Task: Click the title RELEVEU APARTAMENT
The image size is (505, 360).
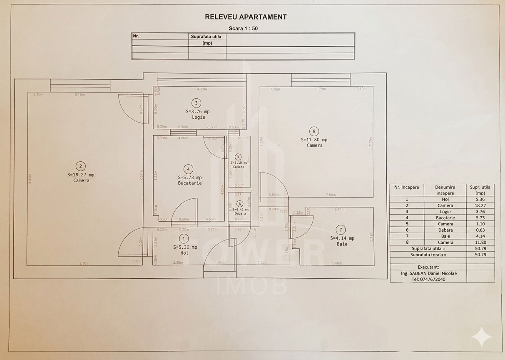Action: pyautogui.click(x=246, y=17)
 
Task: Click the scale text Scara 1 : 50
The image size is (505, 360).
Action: pyautogui.click(x=246, y=28)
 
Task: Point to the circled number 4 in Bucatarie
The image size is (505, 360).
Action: pyautogui.click(x=189, y=169)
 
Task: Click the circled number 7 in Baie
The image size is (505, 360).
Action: pyautogui.click(x=341, y=230)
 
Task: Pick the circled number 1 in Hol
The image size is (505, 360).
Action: pyautogui.click(x=184, y=238)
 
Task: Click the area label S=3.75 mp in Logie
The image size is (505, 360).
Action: pyautogui.click(x=197, y=112)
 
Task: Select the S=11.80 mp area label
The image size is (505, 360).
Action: pyautogui.click(x=314, y=140)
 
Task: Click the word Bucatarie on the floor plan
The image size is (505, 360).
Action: pyautogui.click(x=190, y=183)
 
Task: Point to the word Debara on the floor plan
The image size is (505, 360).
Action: pyautogui.click(x=240, y=213)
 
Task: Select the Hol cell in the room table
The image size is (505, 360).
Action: pyautogui.click(x=445, y=199)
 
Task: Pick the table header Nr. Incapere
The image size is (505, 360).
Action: pyautogui.click(x=406, y=187)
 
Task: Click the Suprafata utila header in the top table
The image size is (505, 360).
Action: pyautogui.click(x=207, y=37)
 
